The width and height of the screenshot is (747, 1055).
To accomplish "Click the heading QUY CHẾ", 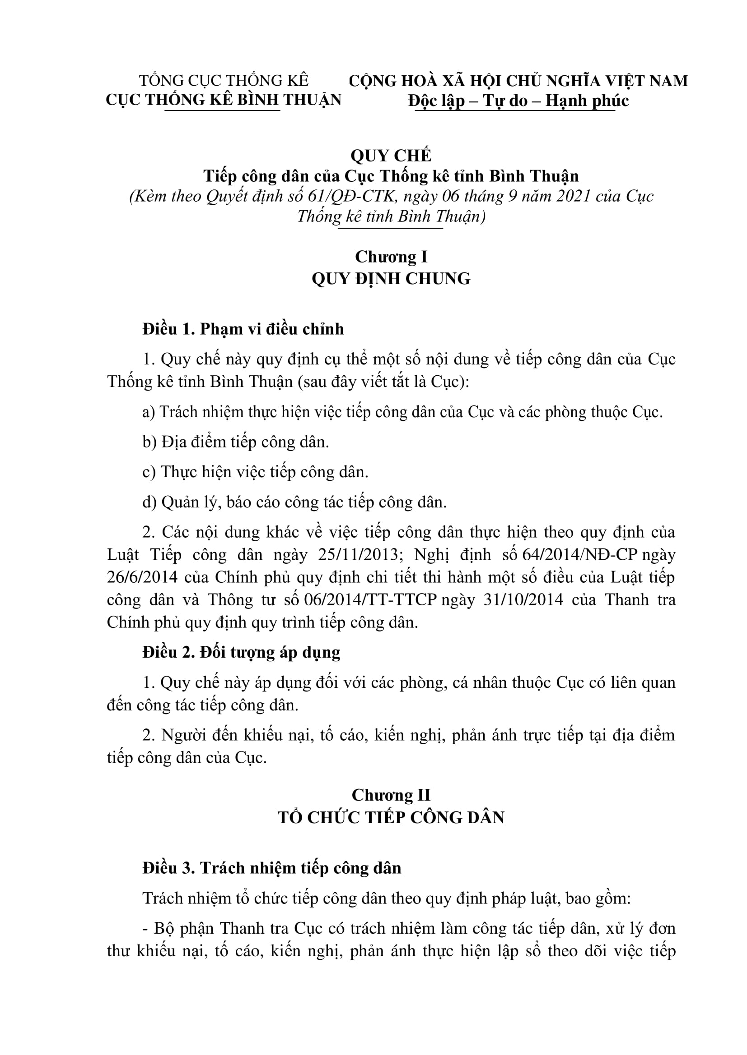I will tap(391, 156).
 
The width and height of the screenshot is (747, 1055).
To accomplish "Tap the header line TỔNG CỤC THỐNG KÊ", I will tap(224, 80).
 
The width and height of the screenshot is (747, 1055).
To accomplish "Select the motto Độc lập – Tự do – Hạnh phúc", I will tap(518, 101).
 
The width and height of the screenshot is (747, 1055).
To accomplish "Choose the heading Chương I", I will tap(391, 256).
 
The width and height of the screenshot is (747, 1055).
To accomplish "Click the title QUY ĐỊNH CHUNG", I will tap(391, 278).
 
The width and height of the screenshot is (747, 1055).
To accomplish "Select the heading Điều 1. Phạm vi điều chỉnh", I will tap(243, 329).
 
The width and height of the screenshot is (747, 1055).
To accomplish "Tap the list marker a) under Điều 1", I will tap(149, 412).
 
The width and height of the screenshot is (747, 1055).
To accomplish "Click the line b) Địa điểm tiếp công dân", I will tap(235, 442).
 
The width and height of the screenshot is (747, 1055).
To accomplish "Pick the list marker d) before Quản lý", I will tap(149, 502).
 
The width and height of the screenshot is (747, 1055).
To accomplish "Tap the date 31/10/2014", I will tap(523, 600).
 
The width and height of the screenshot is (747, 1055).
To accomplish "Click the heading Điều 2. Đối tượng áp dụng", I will tap(241, 653).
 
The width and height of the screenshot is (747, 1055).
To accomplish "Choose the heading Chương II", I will tap(391, 795).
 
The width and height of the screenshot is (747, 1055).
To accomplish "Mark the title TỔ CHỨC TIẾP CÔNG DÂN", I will tap(391, 817).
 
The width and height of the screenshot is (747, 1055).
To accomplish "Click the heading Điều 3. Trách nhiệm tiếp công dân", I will tap(272, 868).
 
